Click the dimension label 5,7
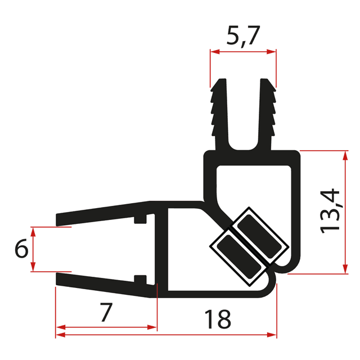[x=243, y=38]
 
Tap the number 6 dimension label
[x=21, y=249]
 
